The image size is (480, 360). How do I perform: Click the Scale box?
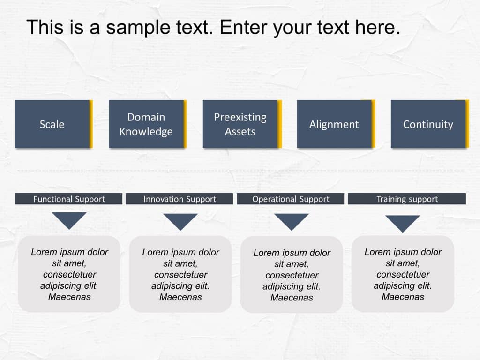click(52, 124)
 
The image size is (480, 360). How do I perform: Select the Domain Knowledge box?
click(146, 124)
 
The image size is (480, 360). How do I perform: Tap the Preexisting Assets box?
click(240, 124)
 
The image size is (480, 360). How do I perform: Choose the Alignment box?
click(334, 124)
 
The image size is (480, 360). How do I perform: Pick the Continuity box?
click(428, 124)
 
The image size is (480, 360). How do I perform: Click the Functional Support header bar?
click(69, 199)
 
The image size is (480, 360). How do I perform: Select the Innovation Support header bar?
click(180, 199)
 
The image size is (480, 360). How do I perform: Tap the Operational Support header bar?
click(291, 199)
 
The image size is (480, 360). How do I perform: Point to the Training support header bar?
click(407, 199)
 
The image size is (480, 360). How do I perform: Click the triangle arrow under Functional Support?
click(69, 219)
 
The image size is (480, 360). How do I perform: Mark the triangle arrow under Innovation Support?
click(180, 220)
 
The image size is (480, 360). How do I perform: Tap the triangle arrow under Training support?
click(403, 222)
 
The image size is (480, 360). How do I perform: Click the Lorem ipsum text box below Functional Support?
click(69, 274)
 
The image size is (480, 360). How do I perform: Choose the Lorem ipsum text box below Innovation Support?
click(180, 274)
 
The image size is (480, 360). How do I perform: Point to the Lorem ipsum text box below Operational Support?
click(292, 275)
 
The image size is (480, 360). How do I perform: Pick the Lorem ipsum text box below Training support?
click(403, 274)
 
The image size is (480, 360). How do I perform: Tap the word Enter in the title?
click(244, 28)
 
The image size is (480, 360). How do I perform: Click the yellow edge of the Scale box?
click(91, 124)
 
